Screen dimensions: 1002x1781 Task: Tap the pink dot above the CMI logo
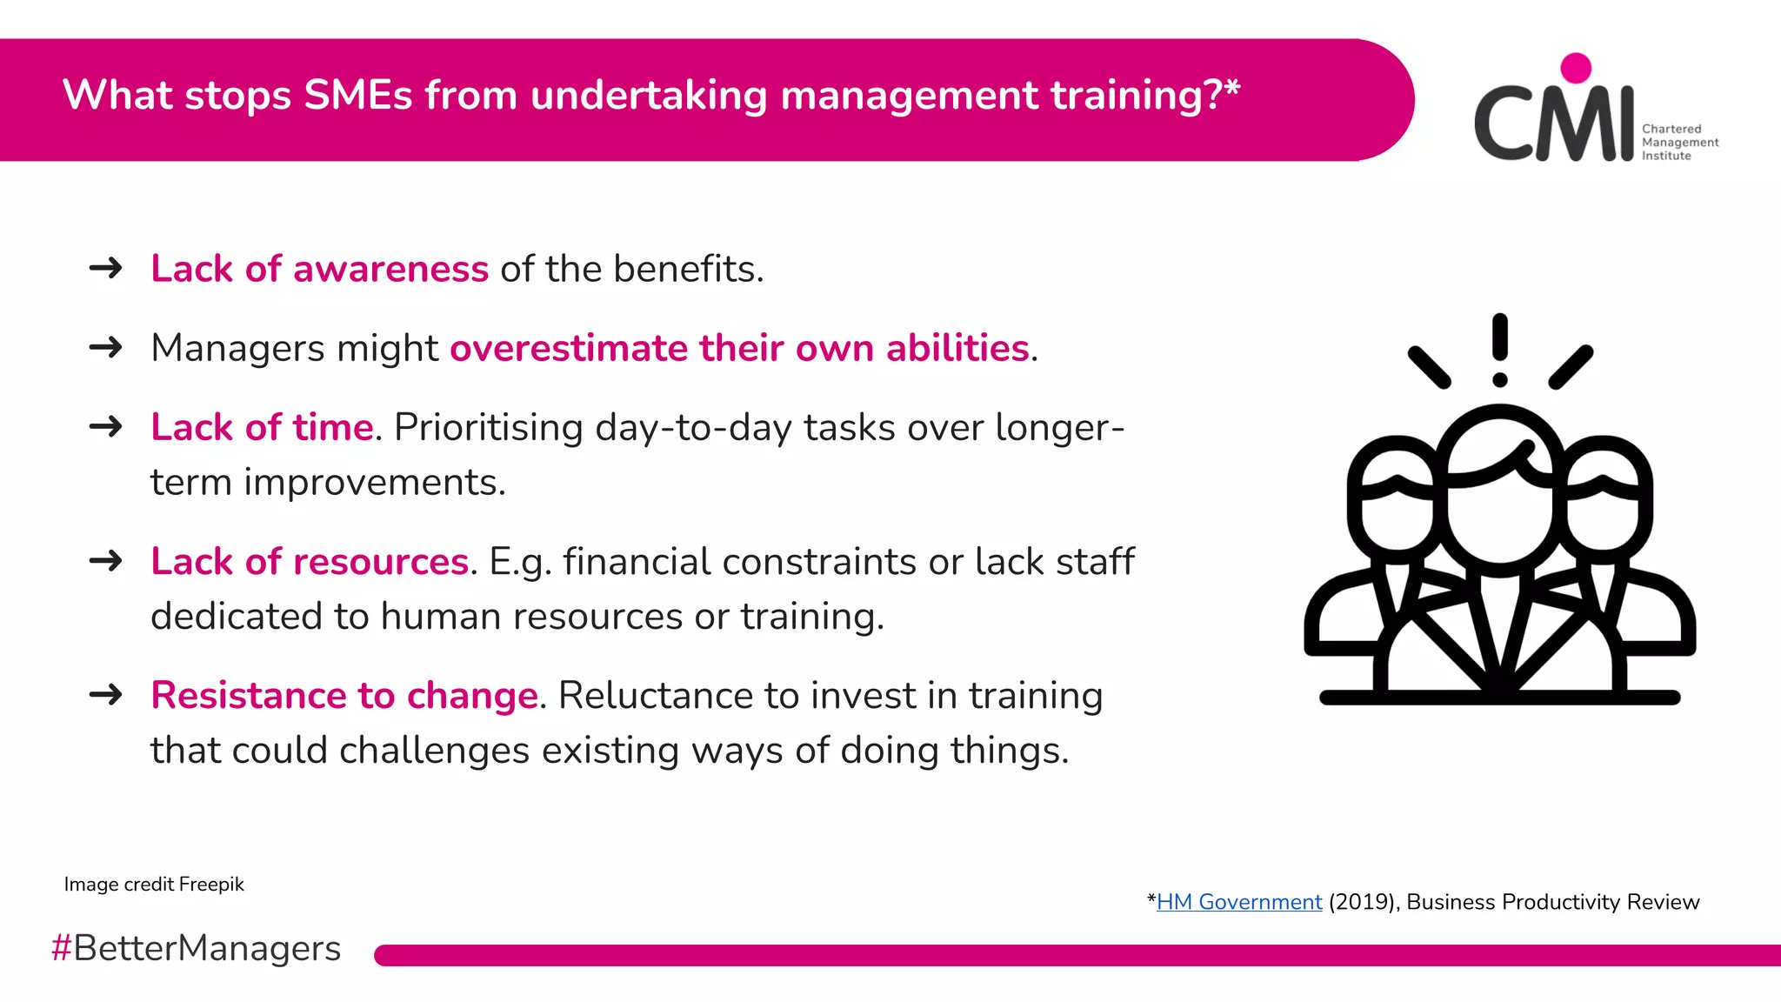(x=1576, y=68)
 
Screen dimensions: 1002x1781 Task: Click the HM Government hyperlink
(x=1238, y=902)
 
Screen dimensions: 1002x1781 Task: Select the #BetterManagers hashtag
(x=196, y=948)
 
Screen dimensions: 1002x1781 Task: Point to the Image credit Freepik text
(x=154, y=885)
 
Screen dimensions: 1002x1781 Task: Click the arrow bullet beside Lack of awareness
(x=106, y=268)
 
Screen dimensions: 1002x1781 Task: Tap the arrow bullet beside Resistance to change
(x=106, y=695)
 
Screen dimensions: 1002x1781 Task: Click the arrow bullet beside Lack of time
(x=106, y=427)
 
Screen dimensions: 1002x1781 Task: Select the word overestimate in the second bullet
(x=569, y=348)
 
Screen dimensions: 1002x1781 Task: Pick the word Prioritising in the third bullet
(x=488, y=428)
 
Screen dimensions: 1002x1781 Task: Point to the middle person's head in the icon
(x=1499, y=496)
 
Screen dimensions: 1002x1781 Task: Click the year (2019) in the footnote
(x=1362, y=902)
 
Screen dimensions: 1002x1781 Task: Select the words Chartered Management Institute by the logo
(x=1678, y=143)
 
